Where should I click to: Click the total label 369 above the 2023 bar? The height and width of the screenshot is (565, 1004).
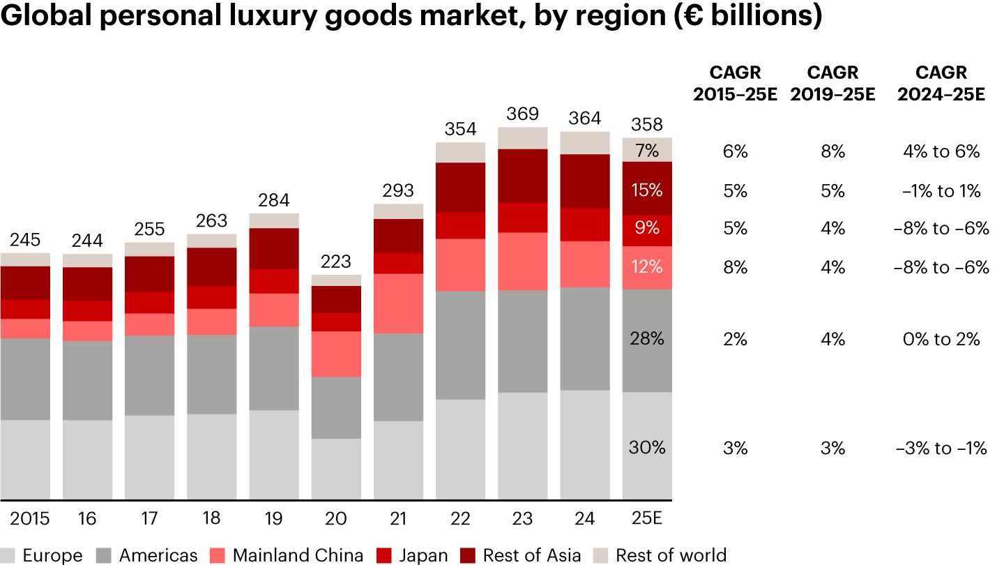tap(522, 113)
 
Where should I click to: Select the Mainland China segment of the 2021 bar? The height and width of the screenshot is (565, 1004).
tap(398, 303)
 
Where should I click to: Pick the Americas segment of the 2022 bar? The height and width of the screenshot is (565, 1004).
tap(460, 345)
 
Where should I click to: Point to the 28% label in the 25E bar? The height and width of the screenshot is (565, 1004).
tap(647, 339)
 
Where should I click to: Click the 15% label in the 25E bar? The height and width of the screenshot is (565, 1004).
tap(647, 190)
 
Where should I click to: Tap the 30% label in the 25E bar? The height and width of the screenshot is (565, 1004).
tap(647, 448)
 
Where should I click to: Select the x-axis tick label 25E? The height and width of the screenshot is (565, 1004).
tap(647, 518)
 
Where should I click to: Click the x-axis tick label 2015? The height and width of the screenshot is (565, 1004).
tap(29, 518)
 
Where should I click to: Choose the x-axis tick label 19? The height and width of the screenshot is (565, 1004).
tap(273, 518)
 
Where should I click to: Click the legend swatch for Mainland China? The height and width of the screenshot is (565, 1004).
tap(218, 555)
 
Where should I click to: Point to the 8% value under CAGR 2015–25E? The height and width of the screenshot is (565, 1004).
tap(735, 267)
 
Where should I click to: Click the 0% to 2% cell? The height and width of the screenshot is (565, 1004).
tap(941, 339)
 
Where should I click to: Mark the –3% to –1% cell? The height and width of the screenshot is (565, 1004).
tap(941, 448)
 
